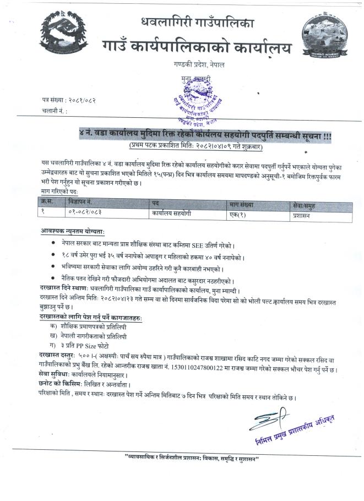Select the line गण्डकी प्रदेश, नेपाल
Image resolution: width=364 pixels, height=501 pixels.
click(196, 66)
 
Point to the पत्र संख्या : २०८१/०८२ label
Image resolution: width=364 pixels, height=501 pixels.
click(69, 100)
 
